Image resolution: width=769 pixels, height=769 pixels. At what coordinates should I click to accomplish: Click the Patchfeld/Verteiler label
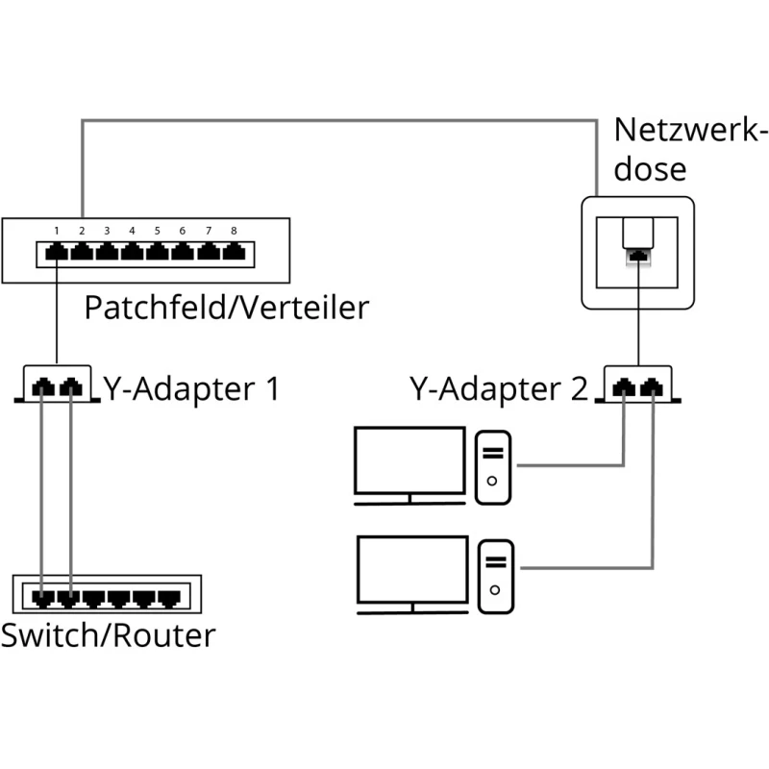point(226,308)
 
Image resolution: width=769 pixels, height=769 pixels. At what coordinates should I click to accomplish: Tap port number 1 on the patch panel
point(57,254)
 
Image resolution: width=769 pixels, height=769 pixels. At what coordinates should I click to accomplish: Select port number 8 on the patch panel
point(233,254)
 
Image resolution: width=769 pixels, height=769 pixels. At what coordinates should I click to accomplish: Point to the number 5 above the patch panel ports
point(157,231)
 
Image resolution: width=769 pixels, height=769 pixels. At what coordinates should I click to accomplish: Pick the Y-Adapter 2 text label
point(497,389)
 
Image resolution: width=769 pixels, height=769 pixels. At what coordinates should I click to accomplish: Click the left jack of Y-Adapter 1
point(42,387)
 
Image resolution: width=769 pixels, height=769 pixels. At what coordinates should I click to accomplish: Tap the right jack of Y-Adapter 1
point(69,387)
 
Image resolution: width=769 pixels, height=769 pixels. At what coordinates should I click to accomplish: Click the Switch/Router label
point(108,635)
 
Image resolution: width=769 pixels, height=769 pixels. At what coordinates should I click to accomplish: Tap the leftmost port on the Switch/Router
point(42,598)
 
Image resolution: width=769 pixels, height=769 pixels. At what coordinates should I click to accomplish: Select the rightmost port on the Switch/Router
point(168,598)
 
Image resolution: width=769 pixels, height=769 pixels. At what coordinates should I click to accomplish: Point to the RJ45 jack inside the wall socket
point(638,256)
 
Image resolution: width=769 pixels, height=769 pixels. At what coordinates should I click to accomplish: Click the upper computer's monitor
point(409,463)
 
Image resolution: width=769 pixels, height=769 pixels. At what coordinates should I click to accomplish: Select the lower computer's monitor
point(411,571)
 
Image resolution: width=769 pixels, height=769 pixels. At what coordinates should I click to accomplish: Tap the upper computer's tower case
point(493,467)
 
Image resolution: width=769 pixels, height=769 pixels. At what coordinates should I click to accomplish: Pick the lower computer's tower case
point(495,575)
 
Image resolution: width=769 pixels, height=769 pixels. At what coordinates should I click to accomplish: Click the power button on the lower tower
point(495,589)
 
